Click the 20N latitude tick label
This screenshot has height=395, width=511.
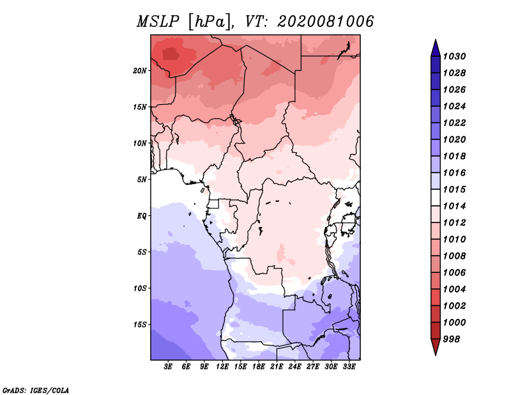[139, 71]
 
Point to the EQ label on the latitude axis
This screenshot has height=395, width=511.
[141, 216]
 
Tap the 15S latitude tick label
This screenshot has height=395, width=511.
[139, 325]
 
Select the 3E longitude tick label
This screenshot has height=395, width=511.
[168, 367]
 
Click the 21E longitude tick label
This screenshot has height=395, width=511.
[277, 367]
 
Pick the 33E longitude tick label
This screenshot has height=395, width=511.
[349, 367]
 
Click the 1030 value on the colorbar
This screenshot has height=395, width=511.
[454, 56]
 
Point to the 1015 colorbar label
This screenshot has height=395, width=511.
[454, 189]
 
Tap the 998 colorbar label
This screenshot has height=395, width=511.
[452, 339]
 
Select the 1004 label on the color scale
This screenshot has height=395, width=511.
[454, 290]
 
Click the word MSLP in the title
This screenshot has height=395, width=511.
[158, 22]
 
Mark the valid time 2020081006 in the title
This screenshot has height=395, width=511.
[325, 22]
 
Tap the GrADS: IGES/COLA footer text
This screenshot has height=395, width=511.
[36, 391]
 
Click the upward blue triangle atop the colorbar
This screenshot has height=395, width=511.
[436, 49]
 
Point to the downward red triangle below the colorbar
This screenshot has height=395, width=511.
[436, 346]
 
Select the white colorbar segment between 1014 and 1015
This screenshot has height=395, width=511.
[436, 197]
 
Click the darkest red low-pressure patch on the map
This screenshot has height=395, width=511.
[171, 54]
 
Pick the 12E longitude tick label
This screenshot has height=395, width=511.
[222, 367]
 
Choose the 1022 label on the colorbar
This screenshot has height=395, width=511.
[454, 123]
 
